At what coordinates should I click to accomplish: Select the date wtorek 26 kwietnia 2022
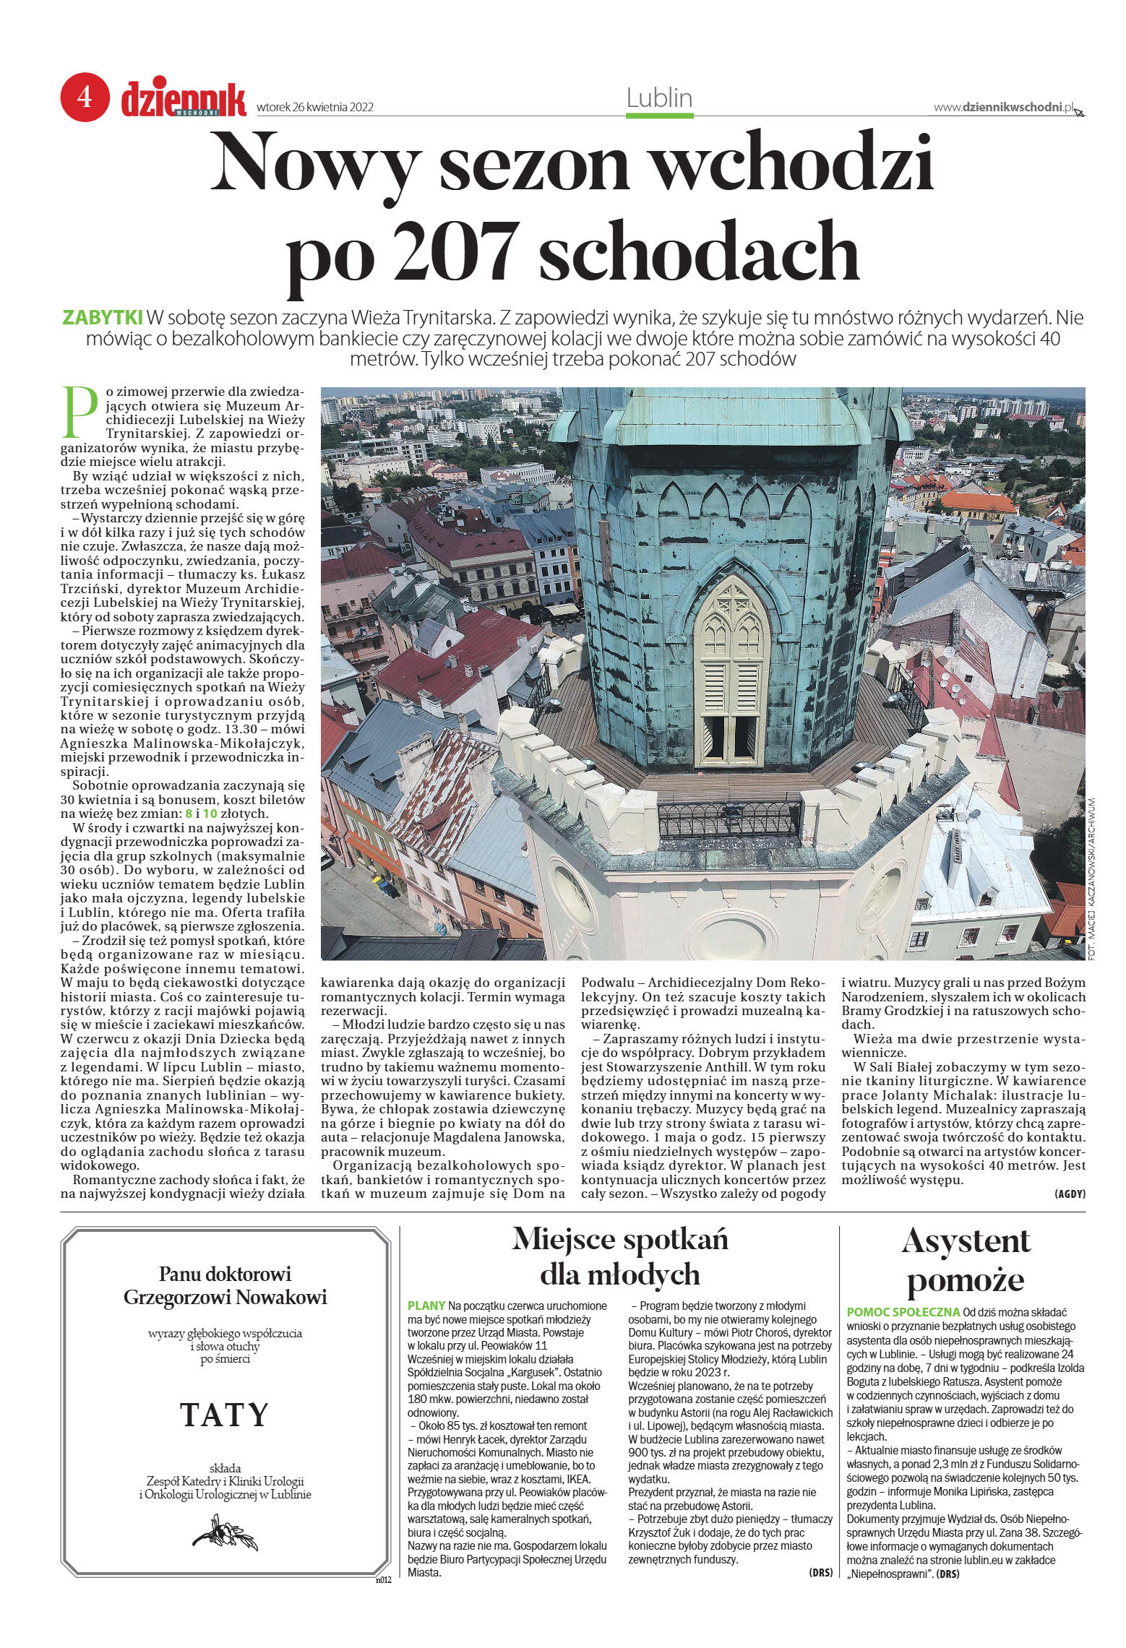tap(314, 107)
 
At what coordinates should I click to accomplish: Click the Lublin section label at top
tap(659, 98)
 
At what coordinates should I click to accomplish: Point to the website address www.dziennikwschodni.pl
tap(1004, 107)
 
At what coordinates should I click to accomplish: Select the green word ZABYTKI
tap(103, 318)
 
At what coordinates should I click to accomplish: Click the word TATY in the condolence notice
tap(224, 1434)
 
